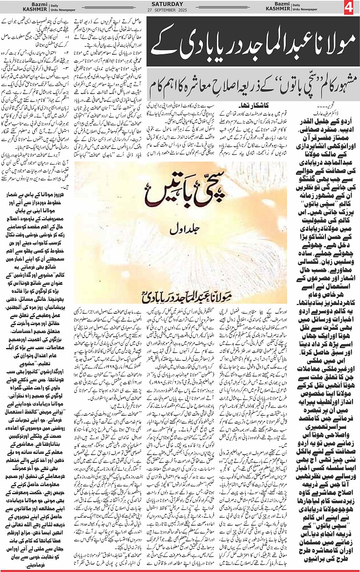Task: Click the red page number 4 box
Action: (x=350, y=8)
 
